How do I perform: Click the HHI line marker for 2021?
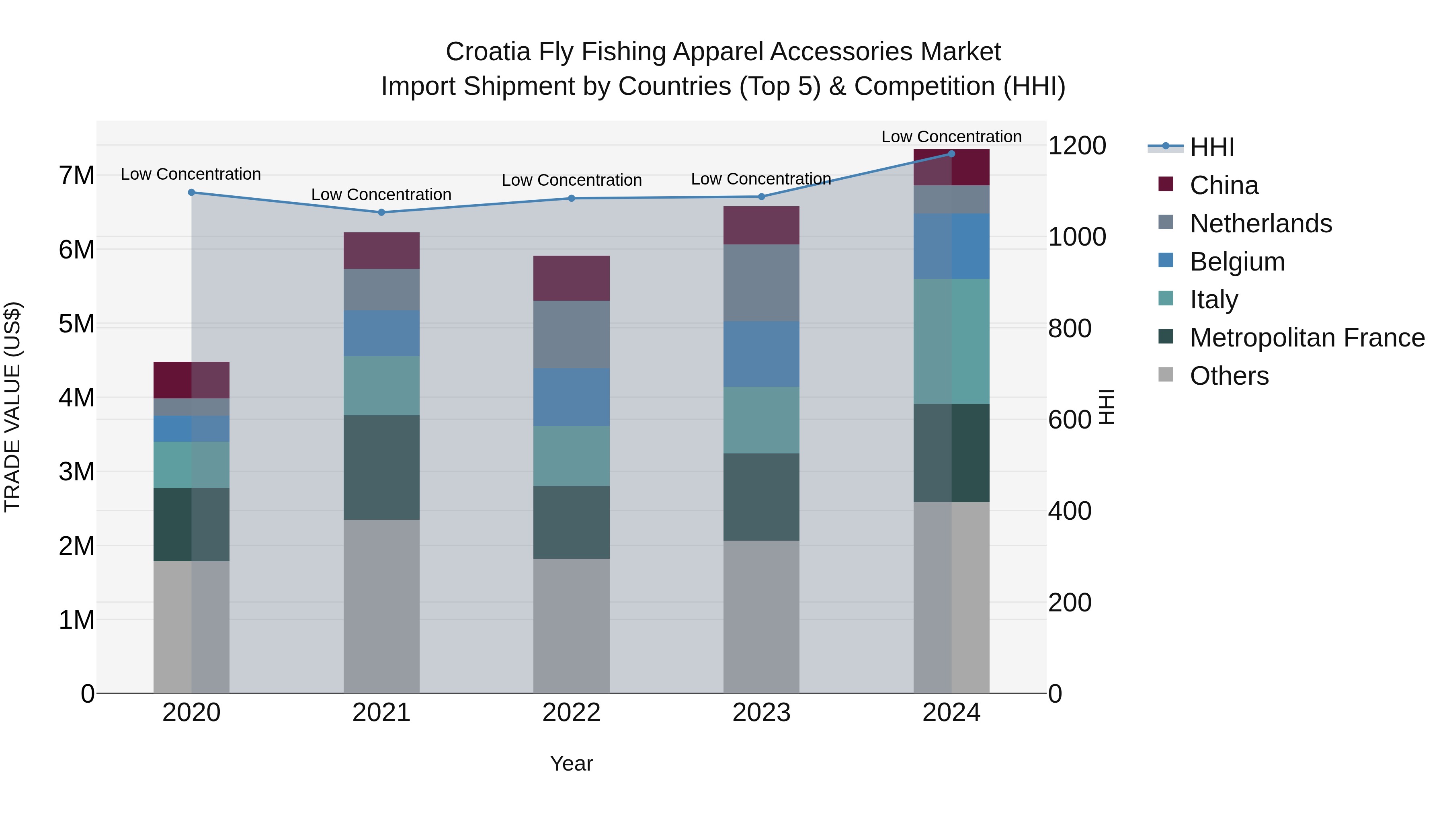(x=381, y=212)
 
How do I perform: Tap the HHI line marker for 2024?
(x=951, y=154)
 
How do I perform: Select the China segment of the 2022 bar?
(x=571, y=278)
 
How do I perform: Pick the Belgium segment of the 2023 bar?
(x=761, y=354)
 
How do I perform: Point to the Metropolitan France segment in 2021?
(x=381, y=467)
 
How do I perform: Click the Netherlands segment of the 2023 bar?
(x=761, y=283)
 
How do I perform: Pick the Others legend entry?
(x=1228, y=376)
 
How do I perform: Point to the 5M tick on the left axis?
(x=76, y=324)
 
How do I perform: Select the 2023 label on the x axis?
(x=761, y=713)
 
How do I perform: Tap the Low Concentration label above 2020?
(x=191, y=174)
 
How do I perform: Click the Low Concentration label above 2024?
(x=951, y=137)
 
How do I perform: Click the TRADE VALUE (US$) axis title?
(x=12, y=407)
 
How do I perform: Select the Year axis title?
(x=571, y=763)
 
